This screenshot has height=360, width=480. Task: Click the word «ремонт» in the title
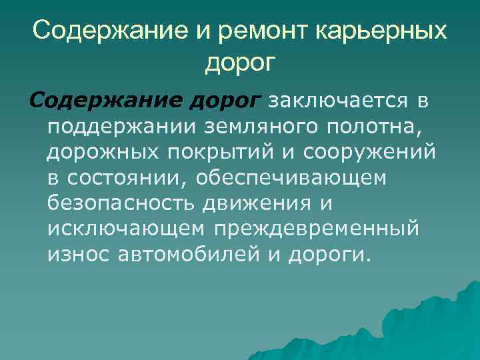pyautogui.click(x=253, y=31)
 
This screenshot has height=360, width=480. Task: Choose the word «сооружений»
pyautogui.click(x=370, y=152)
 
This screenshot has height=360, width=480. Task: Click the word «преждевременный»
pyautogui.click(x=317, y=228)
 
